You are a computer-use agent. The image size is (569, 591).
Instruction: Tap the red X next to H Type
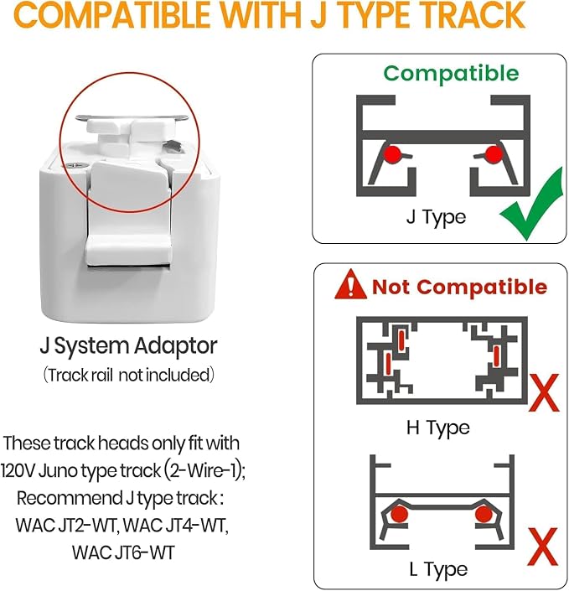point(544,392)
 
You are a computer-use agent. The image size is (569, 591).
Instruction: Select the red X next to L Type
point(543,546)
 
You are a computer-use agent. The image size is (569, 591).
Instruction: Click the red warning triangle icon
point(350,284)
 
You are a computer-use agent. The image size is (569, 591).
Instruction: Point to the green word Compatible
point(451,74)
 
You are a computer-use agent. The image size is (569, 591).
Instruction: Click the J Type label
point(436,217)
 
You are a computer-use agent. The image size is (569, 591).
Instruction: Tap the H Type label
point(438,428)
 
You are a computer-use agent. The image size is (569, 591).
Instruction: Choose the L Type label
point(438,569)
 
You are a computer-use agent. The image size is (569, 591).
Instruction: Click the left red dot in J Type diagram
point(393,153)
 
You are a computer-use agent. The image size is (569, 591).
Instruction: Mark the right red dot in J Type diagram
point(493,153)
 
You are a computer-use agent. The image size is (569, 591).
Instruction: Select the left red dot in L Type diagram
point(399,514)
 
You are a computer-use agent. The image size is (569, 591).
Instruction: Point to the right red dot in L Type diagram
point(483,514)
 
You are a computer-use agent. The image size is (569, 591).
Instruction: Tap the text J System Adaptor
point(128,346)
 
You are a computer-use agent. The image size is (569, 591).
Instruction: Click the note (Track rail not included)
point(128,375)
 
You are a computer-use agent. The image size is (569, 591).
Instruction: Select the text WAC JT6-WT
point(123,552)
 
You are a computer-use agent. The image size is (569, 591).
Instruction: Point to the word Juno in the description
point(58,470)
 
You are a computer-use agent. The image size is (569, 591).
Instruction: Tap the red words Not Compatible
point(459,287)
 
